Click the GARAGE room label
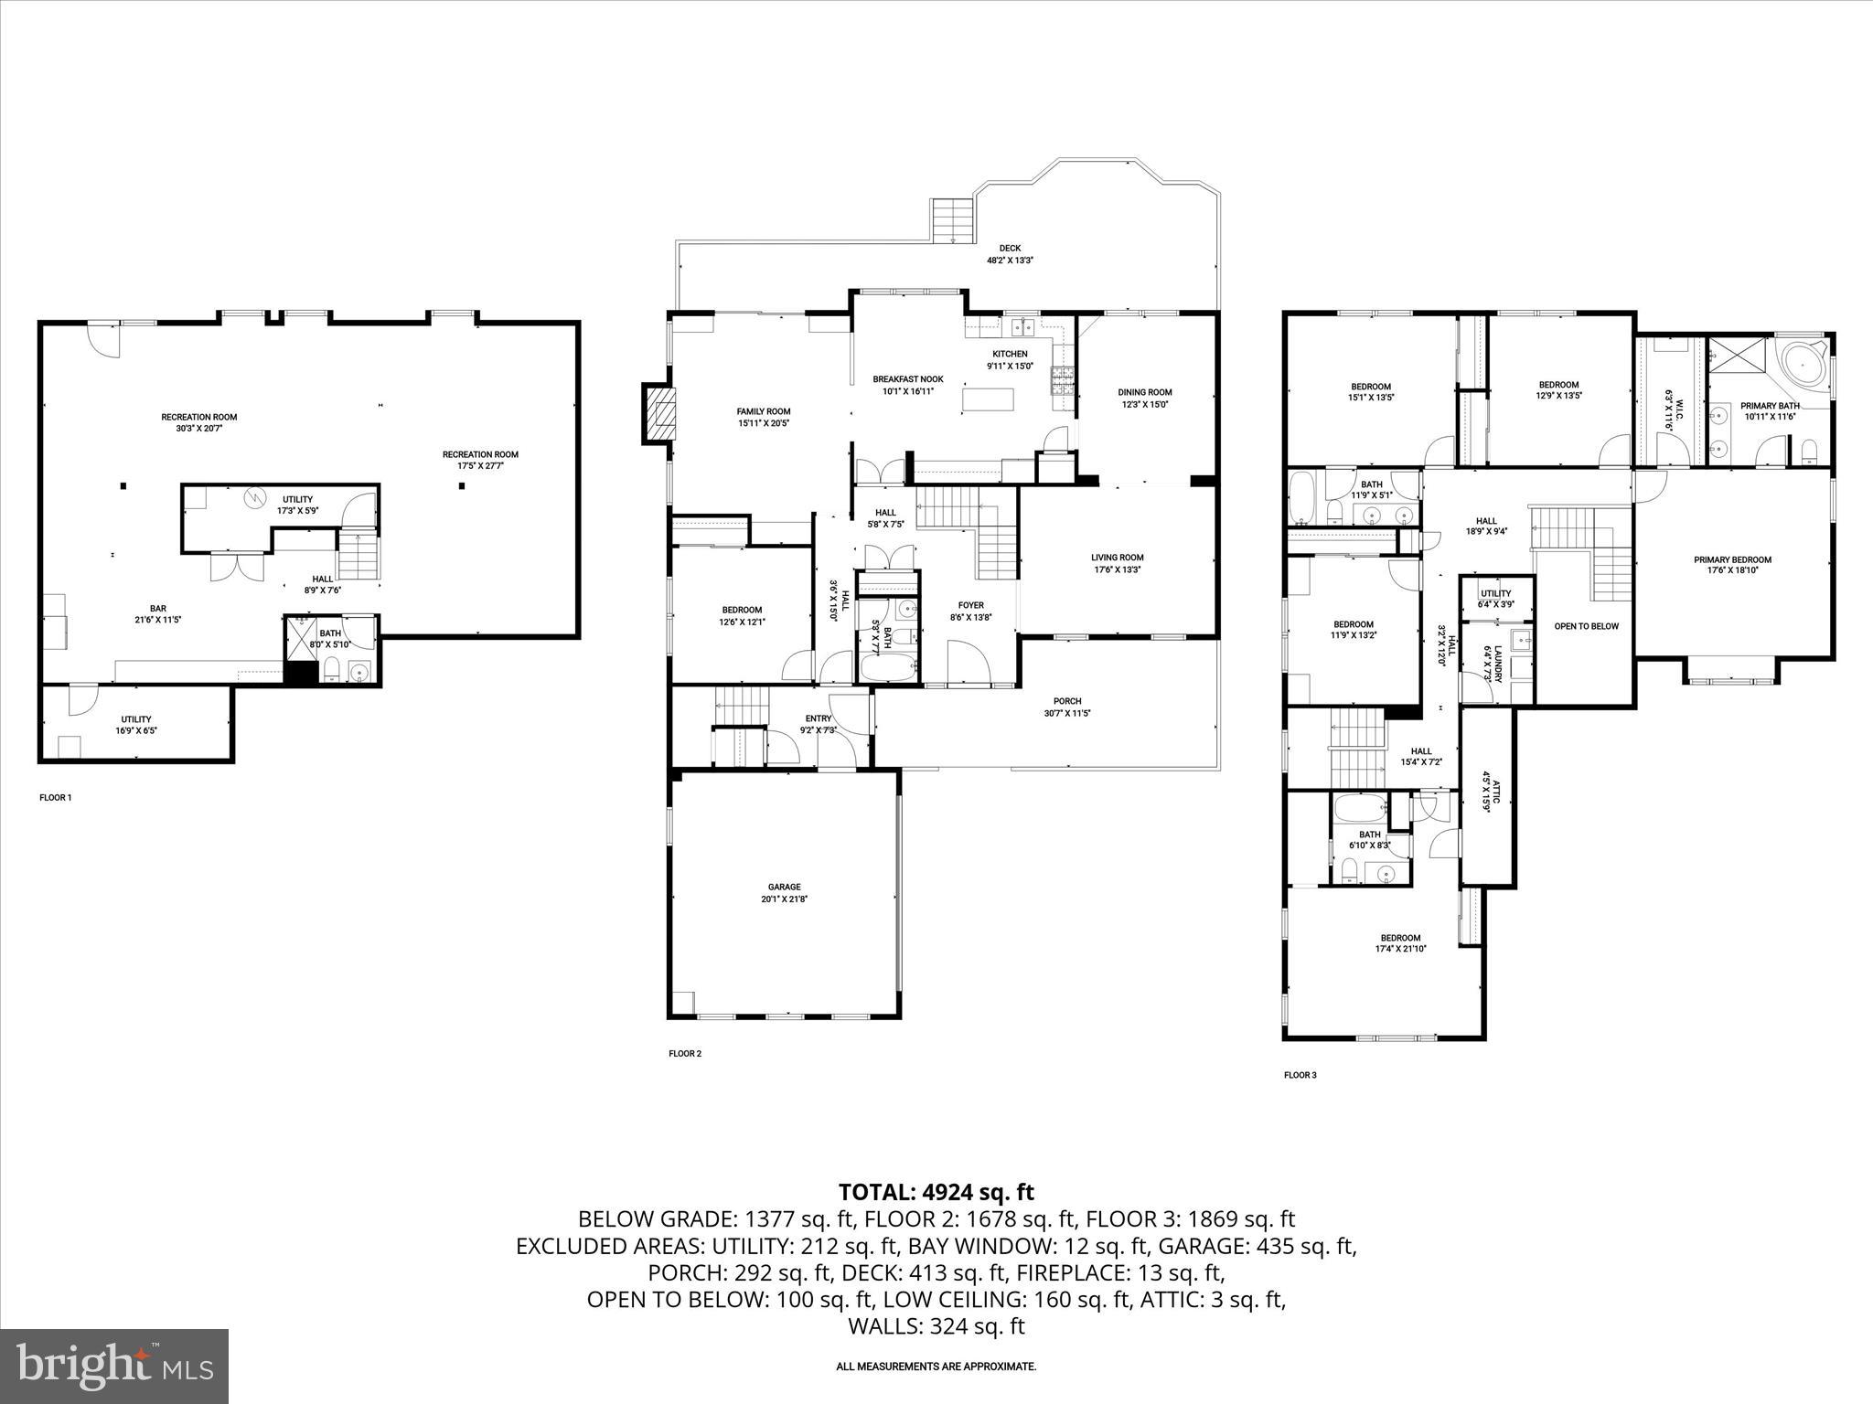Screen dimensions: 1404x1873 (x=784, y=887)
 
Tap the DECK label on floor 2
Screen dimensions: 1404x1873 (x=1010, y=248)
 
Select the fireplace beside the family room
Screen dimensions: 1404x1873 (x=661, y=413)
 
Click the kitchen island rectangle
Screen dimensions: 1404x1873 (x=988, y=400)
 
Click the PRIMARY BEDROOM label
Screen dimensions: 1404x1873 (x=1732, y=560)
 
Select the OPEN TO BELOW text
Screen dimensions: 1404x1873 (x=1586, y=626)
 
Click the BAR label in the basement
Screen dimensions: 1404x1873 (x=159, y=608)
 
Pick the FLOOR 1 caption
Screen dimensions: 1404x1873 (x=55, y=798)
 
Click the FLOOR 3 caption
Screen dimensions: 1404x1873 (x=1300, y=1075)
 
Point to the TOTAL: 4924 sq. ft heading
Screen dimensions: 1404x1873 (x=936, y=1192)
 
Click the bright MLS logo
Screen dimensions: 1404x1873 (x=115, y=1367)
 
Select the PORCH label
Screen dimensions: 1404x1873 (x=1067, y=701)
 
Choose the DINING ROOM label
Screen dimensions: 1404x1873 (x=1144, y=392)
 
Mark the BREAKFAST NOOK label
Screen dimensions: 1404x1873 (x=907, y=379)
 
